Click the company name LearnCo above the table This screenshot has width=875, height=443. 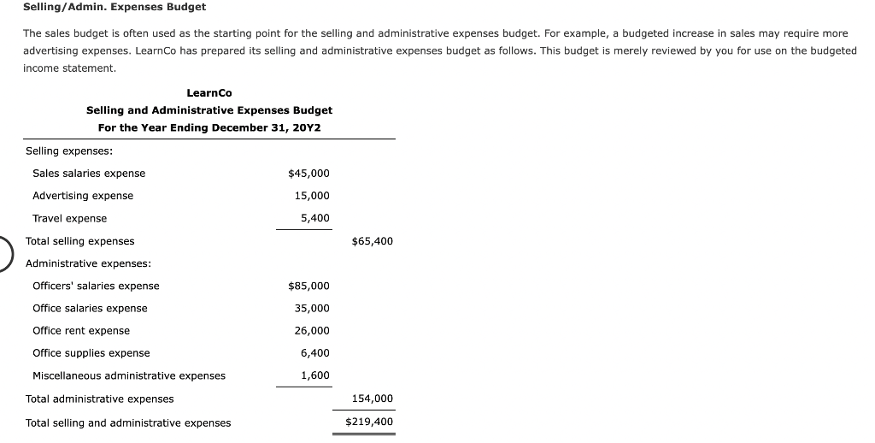208,92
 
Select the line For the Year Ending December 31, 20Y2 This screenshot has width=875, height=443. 209,127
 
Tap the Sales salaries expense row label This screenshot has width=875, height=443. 89,174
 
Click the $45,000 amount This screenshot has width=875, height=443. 308,174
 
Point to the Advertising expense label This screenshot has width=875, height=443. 83,196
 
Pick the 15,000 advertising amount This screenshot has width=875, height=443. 312,196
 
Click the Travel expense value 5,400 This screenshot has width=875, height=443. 314,218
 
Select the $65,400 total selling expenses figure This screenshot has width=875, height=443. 373,241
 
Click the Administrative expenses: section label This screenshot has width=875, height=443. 88,263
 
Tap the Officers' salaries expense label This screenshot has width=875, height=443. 96,286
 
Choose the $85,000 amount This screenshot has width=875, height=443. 308,286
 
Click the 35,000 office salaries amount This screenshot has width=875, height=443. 312,308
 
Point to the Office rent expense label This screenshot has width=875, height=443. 81,331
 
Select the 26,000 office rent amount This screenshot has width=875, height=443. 312,331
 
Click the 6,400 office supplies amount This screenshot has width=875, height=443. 314,353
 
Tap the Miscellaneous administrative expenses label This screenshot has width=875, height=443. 129,375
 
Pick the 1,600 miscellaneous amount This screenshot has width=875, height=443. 314,375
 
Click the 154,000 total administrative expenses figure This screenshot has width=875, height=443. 373,399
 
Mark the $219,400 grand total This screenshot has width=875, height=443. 369,422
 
